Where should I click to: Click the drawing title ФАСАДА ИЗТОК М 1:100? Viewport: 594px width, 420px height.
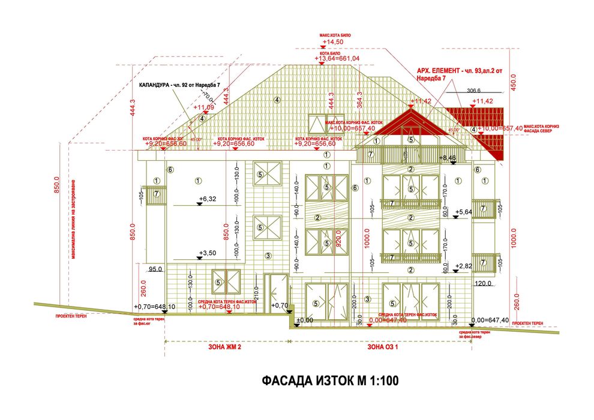(x=329, y=380)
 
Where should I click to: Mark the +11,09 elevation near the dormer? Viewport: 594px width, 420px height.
(x=203, y=107)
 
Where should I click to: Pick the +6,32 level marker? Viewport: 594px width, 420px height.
(x=208, y=199)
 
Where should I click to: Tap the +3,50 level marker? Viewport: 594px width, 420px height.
(x=208, y=254)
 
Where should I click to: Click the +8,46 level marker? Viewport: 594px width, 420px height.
(x=448, y=158)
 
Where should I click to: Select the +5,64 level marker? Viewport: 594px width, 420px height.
(x=464, y=212)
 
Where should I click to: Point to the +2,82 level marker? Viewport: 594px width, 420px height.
(x=464, y=265)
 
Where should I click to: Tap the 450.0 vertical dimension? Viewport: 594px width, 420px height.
(x=513, y=80)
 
